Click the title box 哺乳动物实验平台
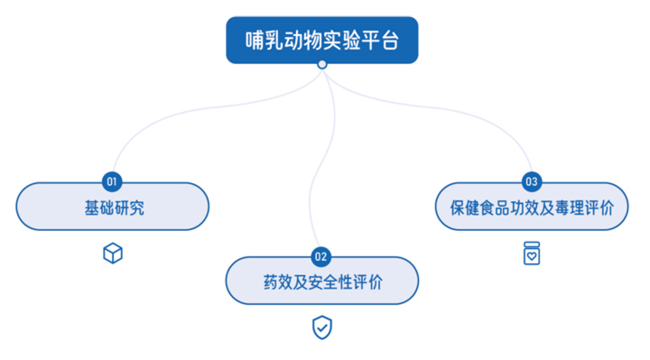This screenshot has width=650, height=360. [321, 40]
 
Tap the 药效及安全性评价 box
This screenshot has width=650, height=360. [321, 281]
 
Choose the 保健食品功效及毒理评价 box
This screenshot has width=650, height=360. [531, 206]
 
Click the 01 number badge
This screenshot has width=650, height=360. [113, 181]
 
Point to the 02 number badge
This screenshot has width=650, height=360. [321, 256]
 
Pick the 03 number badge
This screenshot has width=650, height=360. [531, 181]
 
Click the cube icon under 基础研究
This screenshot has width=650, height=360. [113, 253]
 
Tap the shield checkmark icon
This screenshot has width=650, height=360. [321, 328]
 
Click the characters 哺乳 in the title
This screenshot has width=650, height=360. [264, 40]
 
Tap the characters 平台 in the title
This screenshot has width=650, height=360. [379, 40]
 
